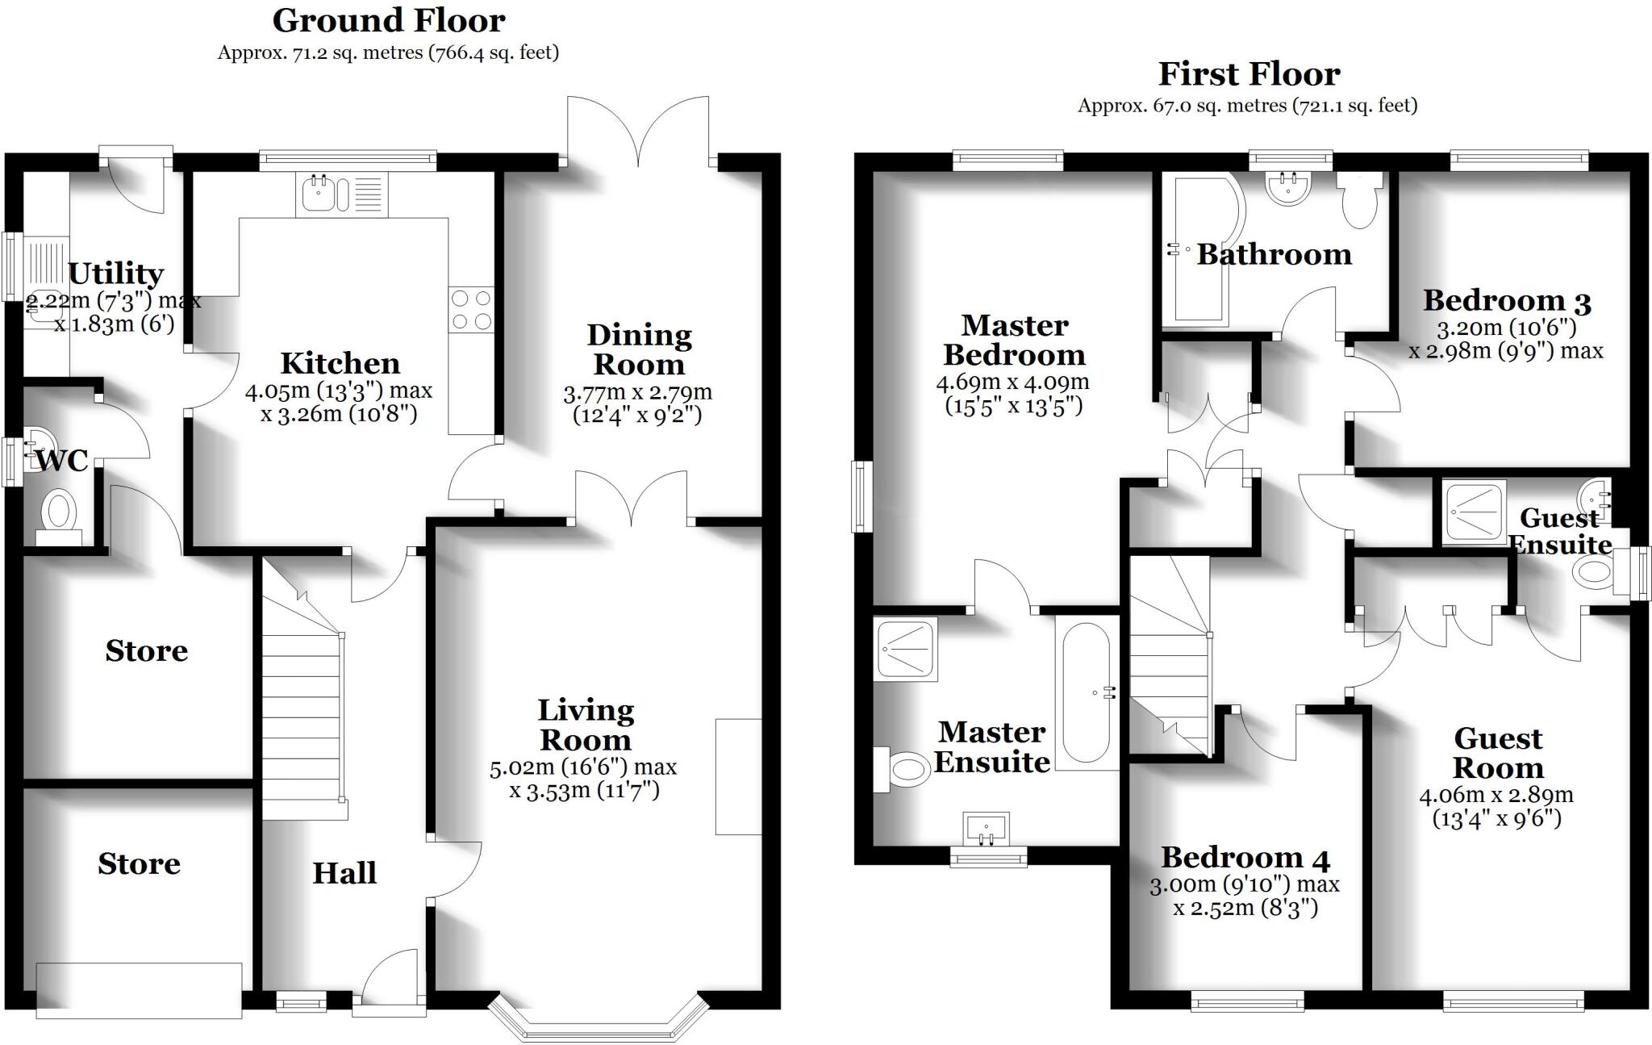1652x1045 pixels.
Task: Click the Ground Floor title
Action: click(x=389, y=21)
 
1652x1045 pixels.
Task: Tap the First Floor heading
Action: click(x=1249, y=74)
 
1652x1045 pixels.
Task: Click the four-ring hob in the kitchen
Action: click(x=471, y=310)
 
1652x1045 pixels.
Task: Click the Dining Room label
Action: click(x=639, y=349)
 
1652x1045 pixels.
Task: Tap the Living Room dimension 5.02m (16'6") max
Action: click(x=583, y=767)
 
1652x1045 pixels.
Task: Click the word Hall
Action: click(x=344, y=873)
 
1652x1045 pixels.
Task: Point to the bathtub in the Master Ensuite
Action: click(x=1086, y=692)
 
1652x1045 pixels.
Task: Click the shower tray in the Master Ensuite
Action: click(x=905, y=649)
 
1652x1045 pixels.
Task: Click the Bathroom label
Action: click(x=1274, y=255)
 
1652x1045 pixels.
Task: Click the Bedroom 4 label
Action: click(x=1245, y=857)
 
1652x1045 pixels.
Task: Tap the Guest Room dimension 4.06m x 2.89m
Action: click(x=1496, y=795)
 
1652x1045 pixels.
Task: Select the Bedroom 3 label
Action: click(x=1506, y=301)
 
